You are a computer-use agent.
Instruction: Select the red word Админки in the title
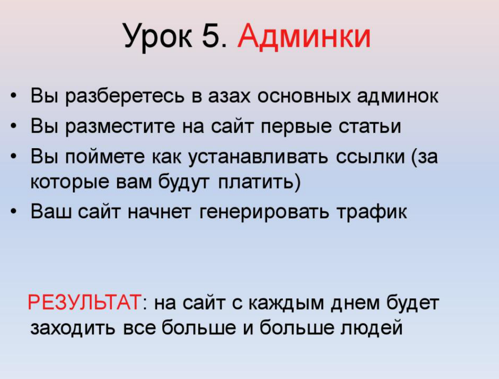304,36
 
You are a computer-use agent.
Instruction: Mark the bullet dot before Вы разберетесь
15,96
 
